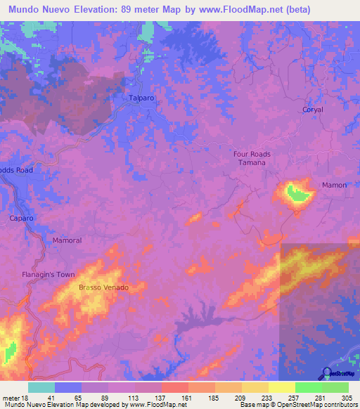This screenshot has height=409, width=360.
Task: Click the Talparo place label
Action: (x=141, y=99)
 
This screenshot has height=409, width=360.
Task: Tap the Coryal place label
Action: (x=313, y=110)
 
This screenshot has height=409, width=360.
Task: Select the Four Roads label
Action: (x=252, y=154)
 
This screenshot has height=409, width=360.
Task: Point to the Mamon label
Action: (x=334, y=185)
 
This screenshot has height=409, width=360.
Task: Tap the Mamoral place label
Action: (x=67, y=240)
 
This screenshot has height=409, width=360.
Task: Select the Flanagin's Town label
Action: (x=47, y=274)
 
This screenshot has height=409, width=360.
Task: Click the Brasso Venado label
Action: (x=103, y=287)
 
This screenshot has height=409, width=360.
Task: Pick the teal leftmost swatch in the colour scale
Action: (x=41, y=387)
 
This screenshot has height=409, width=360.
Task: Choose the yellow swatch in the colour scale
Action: (x=282, y=387)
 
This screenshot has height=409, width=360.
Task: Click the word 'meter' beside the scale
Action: (x=11, y=398)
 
